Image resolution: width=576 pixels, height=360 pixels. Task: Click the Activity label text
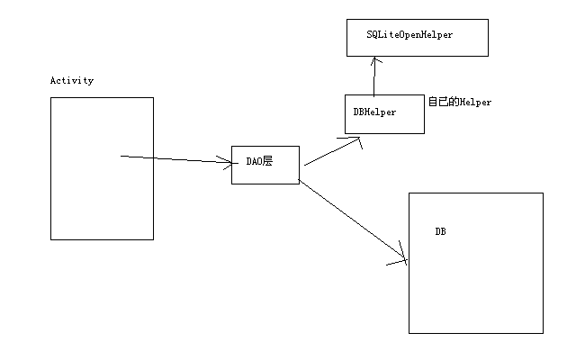tap(72, 81)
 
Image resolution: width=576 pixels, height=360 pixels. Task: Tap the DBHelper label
tap(374, 112)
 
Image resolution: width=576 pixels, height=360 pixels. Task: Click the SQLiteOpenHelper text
tap(409, 34)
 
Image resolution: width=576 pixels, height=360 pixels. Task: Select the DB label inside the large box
tap(441, 231)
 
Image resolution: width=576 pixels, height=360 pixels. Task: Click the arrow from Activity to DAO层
tap(175, 158)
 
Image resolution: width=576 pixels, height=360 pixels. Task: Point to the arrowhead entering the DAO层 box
tap(226, 162)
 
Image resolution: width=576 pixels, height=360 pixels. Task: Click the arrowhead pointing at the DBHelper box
tap(356, 139)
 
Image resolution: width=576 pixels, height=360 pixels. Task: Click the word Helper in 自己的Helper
tap(476, 103)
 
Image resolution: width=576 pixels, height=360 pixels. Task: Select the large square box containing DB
tap(476, 288)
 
